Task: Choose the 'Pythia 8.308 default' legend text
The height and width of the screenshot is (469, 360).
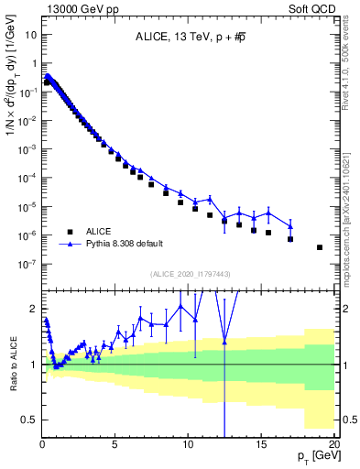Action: point(127,245)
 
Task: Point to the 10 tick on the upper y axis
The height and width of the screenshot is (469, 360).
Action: point(29,34)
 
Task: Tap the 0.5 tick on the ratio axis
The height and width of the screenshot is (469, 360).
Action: point(28,420)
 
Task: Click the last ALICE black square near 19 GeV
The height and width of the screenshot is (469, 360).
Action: point(320,247)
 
